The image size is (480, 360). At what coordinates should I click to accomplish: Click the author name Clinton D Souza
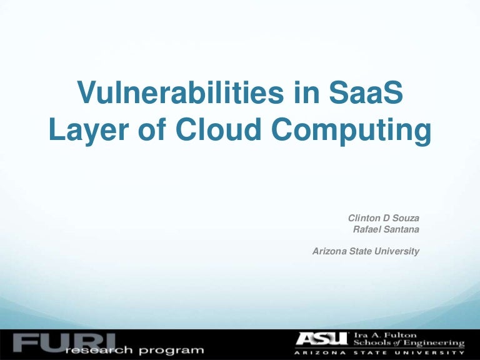click(383, 218)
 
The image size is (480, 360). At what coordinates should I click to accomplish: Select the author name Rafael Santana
click(386, 229)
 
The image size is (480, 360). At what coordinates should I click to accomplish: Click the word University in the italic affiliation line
click(398, 251)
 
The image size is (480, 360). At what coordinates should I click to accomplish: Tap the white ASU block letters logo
click(322, 339)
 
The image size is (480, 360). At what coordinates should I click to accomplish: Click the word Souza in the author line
click(406, 218)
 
